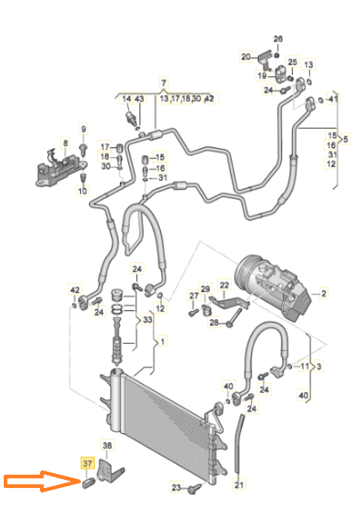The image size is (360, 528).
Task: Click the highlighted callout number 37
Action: [x=87, y=463]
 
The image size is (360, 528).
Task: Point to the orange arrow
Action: [x=41, y=481]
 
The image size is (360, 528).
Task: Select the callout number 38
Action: [x=107, y=445]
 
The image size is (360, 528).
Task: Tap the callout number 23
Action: [x=176, y=487]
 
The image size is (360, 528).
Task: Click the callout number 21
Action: [x=239, y=484]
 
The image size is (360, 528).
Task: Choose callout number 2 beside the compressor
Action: [x=324, y=293]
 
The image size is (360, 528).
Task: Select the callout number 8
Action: [x=65, y=143]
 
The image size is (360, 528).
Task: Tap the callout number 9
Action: [x=84, y=128]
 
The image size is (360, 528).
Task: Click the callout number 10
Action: [x=82, y=191]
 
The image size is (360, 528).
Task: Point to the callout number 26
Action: [x=278, y=39]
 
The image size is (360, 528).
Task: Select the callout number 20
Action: [x=246, y=56]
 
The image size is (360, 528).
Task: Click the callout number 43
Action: [x=139, y=98]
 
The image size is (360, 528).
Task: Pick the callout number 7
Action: [x=164, y=82]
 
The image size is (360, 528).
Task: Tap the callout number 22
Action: [x=224, y=285]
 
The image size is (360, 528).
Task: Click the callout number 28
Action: [x=214, y=323]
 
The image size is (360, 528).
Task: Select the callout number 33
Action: [x=148, y=319]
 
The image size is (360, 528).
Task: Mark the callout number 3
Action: [x=319, y=366]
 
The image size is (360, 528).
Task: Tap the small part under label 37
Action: [x=89, y=483]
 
